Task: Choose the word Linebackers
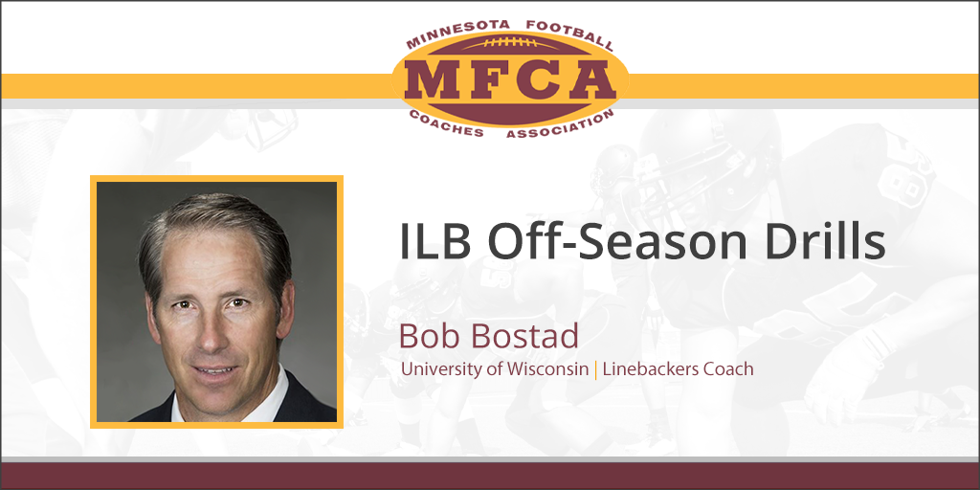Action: (652, 368)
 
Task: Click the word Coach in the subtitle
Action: (730, 368)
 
